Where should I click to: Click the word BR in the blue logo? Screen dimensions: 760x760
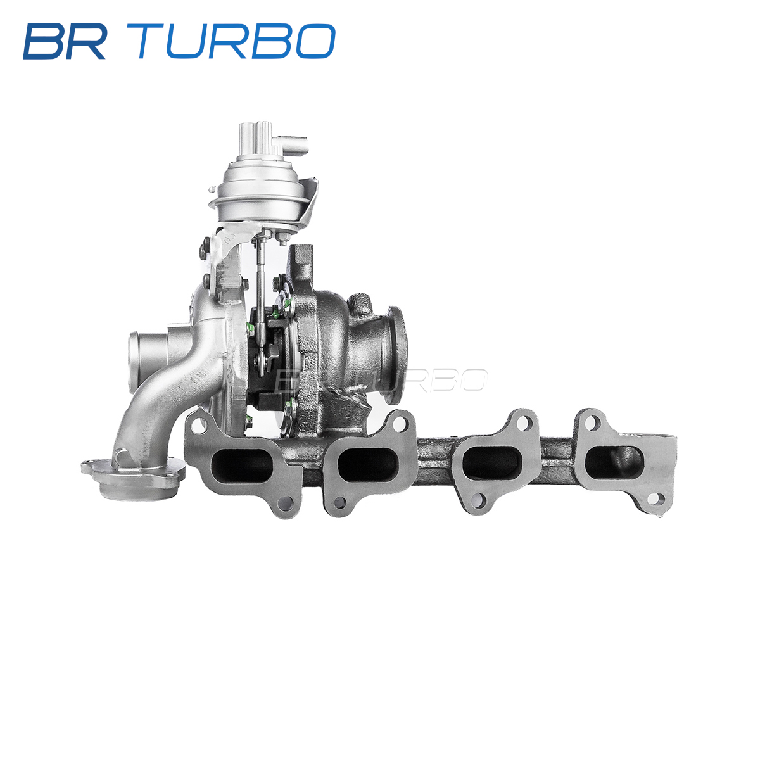click(x=65, y=41)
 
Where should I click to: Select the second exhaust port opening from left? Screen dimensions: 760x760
click(x=367, y=465)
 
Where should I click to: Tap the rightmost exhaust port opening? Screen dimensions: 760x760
click(x=614, y=462)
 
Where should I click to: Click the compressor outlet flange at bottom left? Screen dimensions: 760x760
click(x=133, y=478)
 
